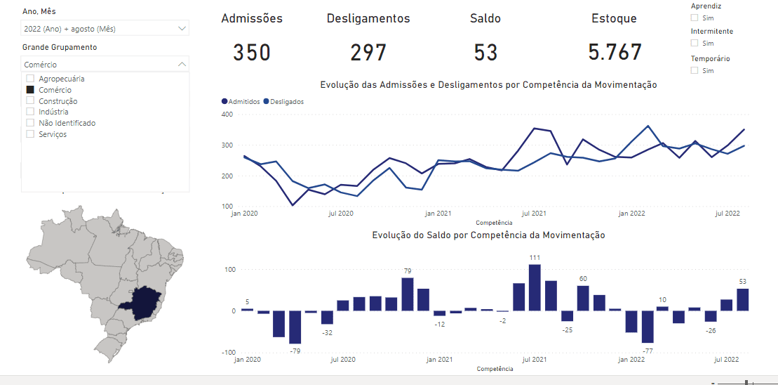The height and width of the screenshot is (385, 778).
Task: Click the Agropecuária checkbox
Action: [30, 79]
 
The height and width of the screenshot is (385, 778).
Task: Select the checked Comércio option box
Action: [30, 90]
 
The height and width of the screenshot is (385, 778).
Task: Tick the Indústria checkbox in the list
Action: [30, 112]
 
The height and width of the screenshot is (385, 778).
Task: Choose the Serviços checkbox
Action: [30, 133]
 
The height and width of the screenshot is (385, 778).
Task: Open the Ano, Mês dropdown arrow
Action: [182, 29]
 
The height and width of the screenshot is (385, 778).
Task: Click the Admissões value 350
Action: [252, 53]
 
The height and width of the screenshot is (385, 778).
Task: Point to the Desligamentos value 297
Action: [368, 53]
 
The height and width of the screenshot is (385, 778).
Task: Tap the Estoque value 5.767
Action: [615, 53]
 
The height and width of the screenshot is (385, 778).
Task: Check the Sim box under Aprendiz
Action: [695, 18]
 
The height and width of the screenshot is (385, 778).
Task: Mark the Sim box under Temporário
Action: [695, 70]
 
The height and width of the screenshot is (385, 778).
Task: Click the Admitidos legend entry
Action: [241, 101]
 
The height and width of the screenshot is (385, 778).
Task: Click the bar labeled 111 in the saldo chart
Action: [535, 287]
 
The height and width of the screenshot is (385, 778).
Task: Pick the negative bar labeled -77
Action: [647, 327]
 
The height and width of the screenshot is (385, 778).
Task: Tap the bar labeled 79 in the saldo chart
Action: [407, 294]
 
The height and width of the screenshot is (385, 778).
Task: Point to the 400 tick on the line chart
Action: [227, 114]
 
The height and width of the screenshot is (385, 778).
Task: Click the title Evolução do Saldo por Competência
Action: [488, 235]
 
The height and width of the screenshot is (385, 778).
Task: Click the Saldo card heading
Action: [485, 19]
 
